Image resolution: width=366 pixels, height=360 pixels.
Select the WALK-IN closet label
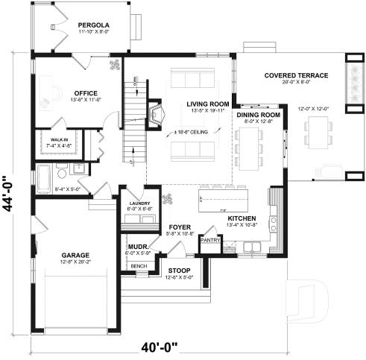(60, 139)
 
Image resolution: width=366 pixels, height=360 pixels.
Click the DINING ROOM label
(258, 115)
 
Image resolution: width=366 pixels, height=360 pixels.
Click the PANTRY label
(210, 240)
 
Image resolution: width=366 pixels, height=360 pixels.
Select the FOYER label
(180, 226)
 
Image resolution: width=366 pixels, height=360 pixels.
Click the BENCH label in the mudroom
(138, 265)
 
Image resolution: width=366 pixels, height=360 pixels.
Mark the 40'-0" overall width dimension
(163, 346)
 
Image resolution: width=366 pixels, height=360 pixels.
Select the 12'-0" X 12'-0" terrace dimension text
(313, 110)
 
